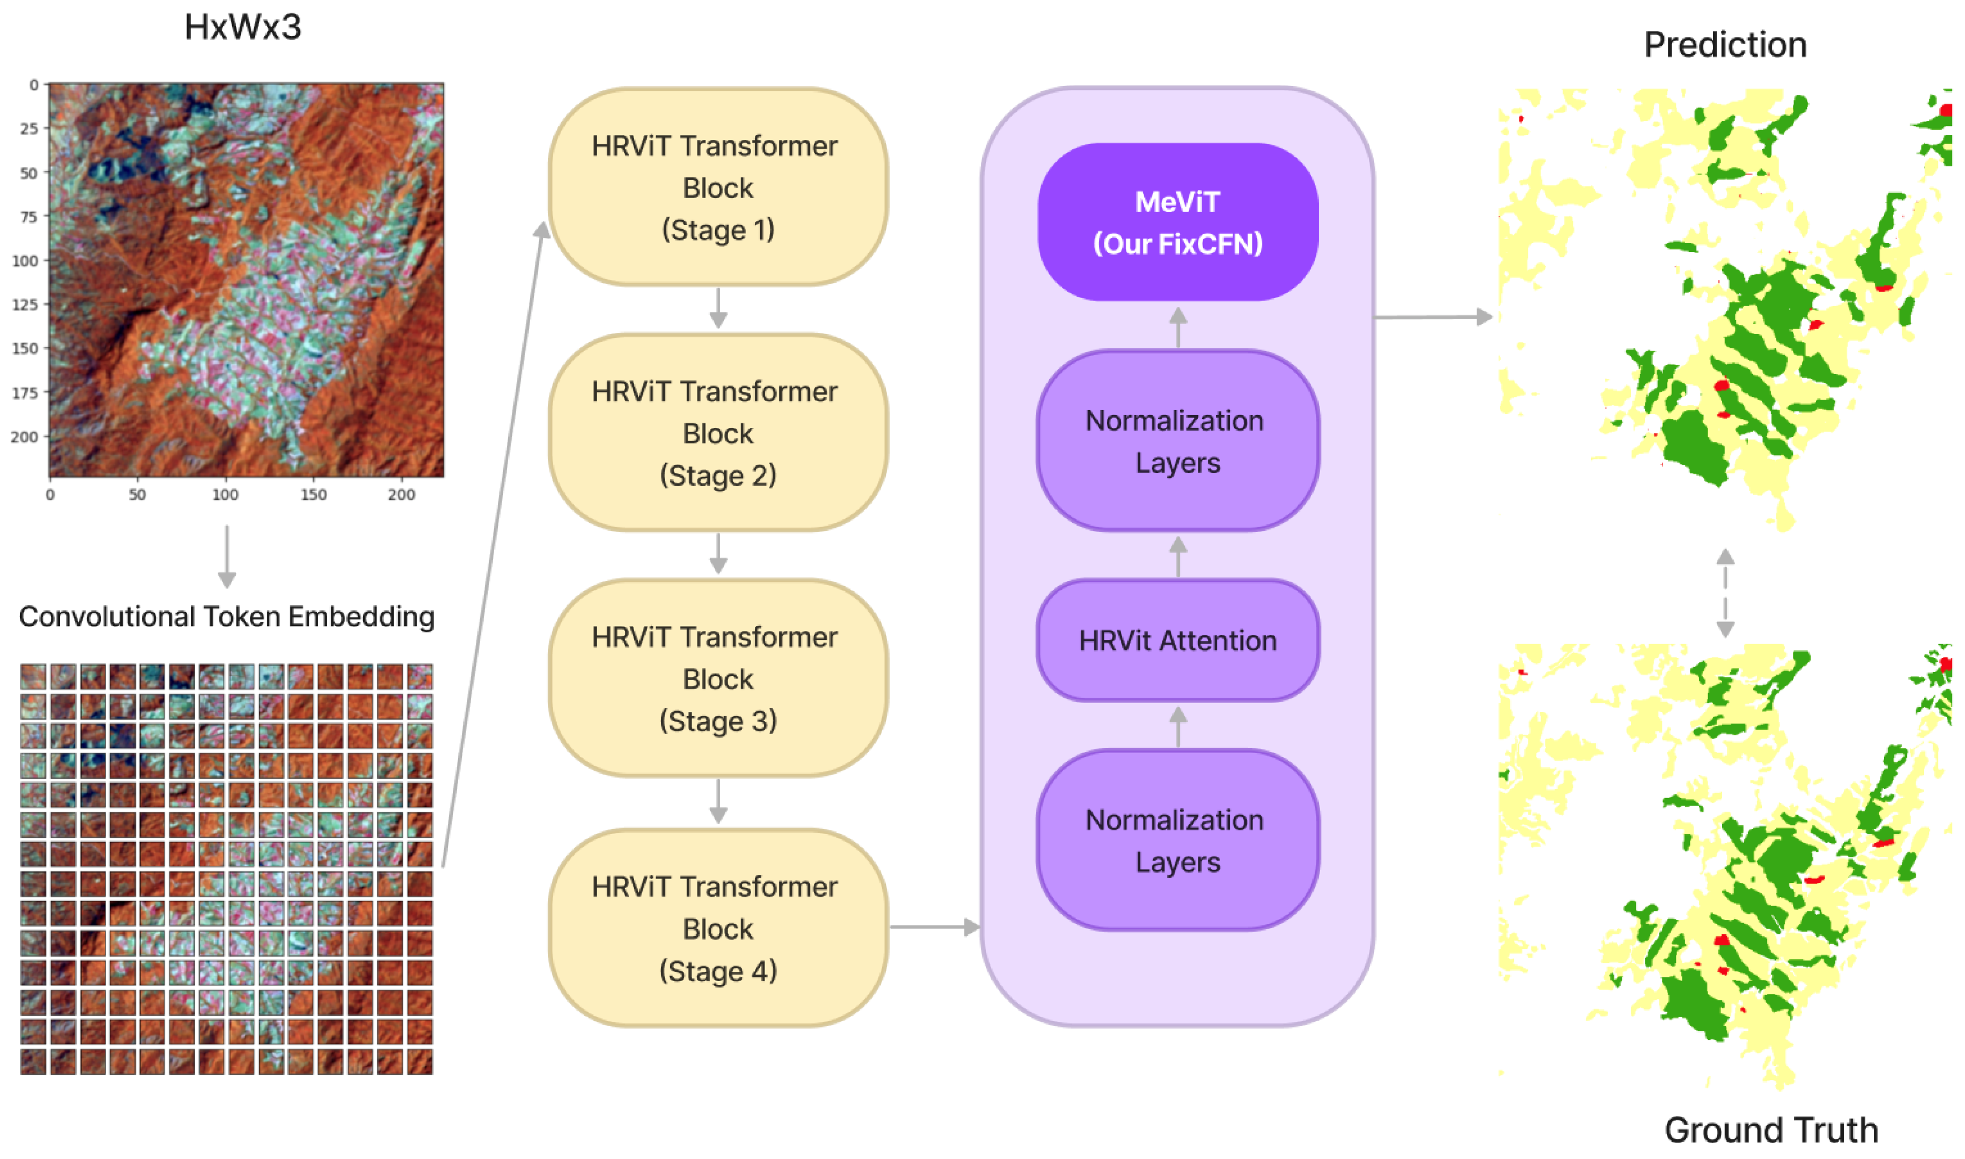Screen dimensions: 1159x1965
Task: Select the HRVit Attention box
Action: coord(1177,640)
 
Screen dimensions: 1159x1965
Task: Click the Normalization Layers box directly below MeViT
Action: coord(1177,441)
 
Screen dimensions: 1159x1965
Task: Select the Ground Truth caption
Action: coord(1771,1130)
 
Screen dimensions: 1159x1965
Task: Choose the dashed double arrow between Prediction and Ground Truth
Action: coord(1725,593)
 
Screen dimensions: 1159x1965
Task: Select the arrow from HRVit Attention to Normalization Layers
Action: coord(1178,557)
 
